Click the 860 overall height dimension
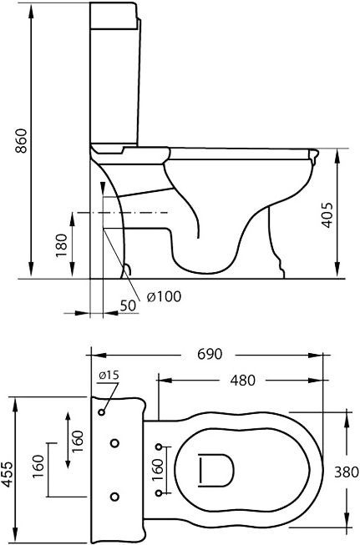click(21, 141)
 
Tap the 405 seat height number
click(327, 214)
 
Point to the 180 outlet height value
click(62, 245)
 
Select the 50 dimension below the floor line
click(128, 305)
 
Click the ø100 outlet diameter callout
click(164, 296)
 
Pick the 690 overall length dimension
click(210, 354)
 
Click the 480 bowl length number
click(242, 381)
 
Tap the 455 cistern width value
click(7, 474)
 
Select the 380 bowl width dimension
click(346, 472)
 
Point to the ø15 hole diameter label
click(109, 375)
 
